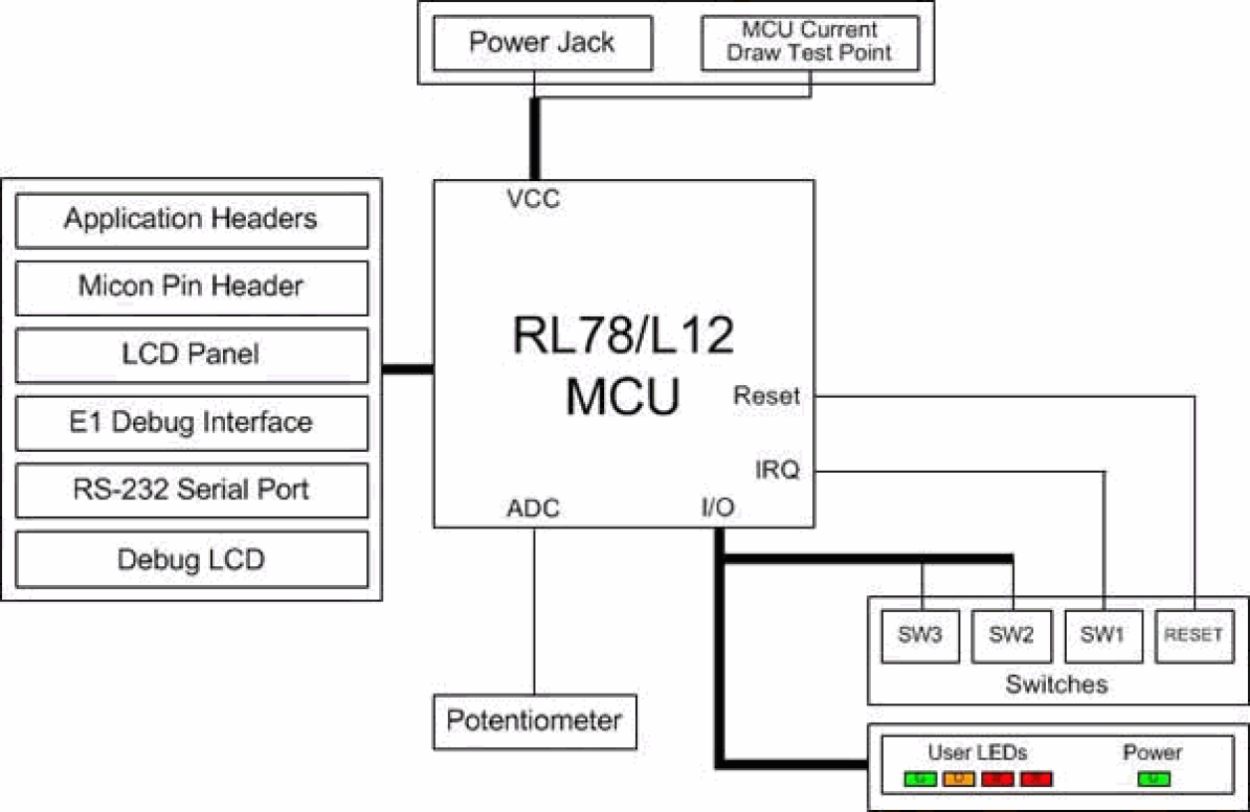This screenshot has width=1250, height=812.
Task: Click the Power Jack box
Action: coord(541,43)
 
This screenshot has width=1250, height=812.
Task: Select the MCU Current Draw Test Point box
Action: coord(809,43)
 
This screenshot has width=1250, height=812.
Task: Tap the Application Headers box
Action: coord(191,219)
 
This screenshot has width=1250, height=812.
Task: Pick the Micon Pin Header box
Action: coord(191,287)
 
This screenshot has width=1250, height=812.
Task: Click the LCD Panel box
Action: coord(191,354)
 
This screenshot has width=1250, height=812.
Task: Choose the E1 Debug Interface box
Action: coord(191,423)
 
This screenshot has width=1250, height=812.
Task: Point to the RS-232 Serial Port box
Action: coord(191,491)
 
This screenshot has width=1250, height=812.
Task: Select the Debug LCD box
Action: coord(191,559)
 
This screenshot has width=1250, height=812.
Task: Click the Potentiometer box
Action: coord(534,720)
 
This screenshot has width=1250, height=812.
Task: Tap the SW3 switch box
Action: coord(922,636)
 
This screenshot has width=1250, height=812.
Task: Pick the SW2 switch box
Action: coord(1012,636)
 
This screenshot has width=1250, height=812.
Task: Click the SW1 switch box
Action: coord(1103,636)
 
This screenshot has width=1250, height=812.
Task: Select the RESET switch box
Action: coord(1193,636)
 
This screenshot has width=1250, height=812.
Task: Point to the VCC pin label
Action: coord(533,199)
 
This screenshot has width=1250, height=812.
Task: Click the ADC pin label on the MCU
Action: coord(533,508)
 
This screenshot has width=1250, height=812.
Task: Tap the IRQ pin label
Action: coord(777,471)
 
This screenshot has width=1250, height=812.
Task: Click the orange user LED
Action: coord(958,778)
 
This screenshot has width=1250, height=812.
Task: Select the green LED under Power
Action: coord(1153,778)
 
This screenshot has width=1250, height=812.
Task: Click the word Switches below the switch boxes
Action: coord(1056,685)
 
